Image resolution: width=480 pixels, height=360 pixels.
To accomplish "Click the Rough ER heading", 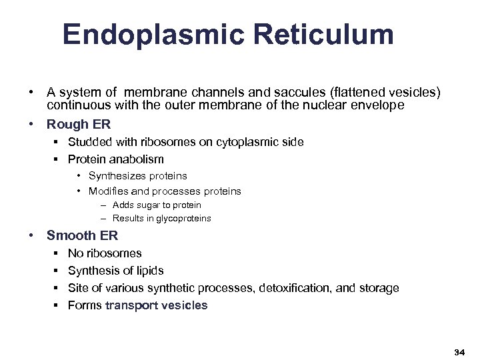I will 78,124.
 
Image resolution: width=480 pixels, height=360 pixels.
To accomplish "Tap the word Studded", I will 89,142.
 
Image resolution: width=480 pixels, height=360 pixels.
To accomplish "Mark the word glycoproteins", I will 183,219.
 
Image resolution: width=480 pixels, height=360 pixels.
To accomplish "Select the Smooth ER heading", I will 82,235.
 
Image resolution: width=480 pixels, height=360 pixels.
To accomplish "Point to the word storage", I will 379,288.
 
